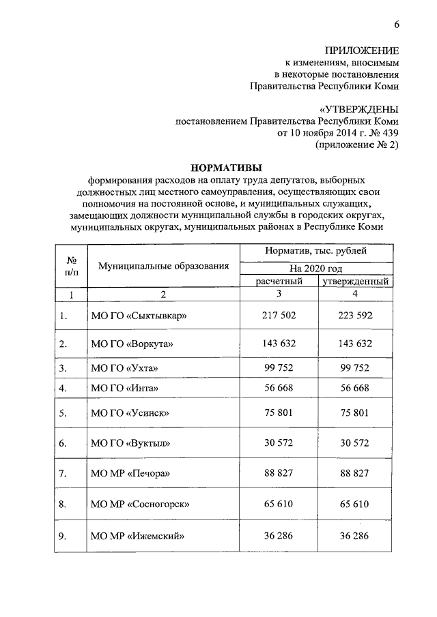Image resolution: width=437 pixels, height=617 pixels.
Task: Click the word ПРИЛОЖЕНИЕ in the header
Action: tap(362, 50)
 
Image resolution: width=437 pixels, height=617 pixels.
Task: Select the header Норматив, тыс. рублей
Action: tap(315, 252)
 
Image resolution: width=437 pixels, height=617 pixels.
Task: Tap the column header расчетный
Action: tap(279, 280)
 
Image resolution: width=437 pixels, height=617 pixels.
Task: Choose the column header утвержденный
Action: tap(356, 280)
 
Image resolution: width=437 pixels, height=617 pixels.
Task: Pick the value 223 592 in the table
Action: tap(355, 316)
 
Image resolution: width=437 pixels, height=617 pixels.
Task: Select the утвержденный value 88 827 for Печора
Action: tap(355, 473)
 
